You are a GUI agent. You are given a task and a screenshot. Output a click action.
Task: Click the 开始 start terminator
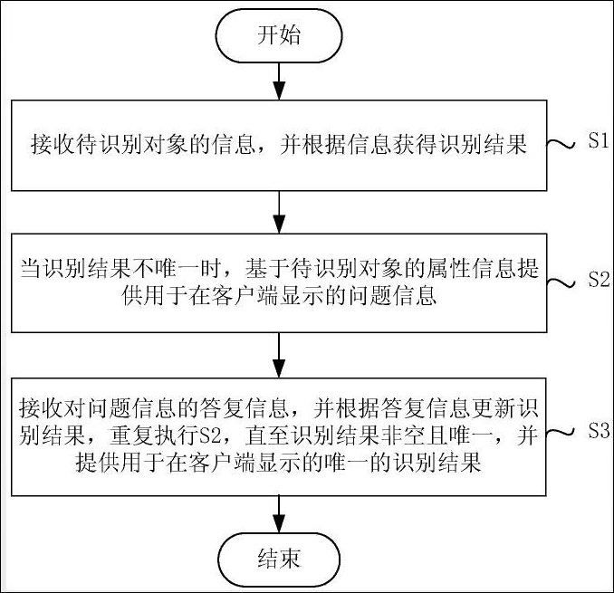[x=279, y=37]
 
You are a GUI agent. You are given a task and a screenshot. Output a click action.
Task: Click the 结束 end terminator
[x=279, y=557]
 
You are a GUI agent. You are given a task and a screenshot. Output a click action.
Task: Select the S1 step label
[x=598, y=142]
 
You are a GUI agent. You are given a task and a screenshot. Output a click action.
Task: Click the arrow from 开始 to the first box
[x=279, y=82]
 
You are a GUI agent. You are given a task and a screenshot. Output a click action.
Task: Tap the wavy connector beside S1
[x=564, y=144]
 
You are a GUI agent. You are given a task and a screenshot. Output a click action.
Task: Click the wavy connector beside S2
[x=564, y=282]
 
